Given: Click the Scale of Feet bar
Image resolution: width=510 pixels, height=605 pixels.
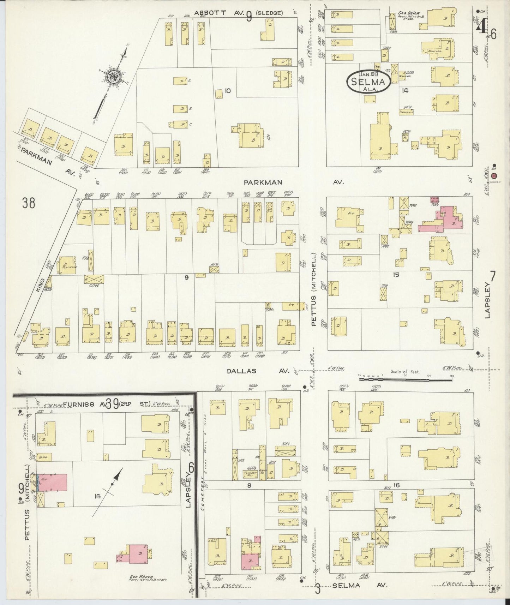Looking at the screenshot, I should click(x=406, y=379).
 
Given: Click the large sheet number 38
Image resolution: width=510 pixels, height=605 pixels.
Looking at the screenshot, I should click(x=29, y=203).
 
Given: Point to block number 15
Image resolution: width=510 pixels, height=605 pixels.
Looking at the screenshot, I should click(x=396, y=274).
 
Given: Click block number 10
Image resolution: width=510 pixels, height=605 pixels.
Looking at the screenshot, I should click(x=227, y=91).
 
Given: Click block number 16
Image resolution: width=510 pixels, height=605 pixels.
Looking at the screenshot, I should click(x=397, y=486).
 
